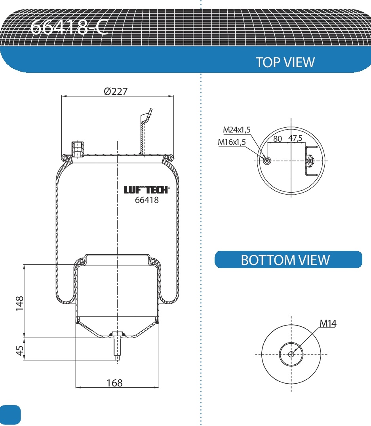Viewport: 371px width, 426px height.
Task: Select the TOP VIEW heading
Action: (x=285, y=62)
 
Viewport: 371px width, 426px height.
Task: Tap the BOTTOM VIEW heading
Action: (x=285, y=260)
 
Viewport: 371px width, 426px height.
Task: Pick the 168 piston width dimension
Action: (x=114, y=383)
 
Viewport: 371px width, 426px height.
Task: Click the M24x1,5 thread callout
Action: (x=237, y=129)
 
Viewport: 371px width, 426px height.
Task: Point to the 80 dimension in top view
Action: (x=277, y=139)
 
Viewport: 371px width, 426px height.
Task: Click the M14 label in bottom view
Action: (x=328, y=324)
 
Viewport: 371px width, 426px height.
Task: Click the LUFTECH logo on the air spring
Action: (x=146, y=190)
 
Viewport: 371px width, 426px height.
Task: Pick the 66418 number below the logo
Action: (x=146, y=200)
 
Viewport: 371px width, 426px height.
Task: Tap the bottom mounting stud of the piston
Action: (x=117, y=346)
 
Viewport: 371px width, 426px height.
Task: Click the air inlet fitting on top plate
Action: (x=77, y=149)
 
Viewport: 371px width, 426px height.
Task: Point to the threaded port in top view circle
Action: (x=268, y=161)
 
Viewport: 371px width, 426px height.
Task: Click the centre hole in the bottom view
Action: (x=291, y=354)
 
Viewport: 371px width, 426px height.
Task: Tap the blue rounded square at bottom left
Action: (x=10, y=414)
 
